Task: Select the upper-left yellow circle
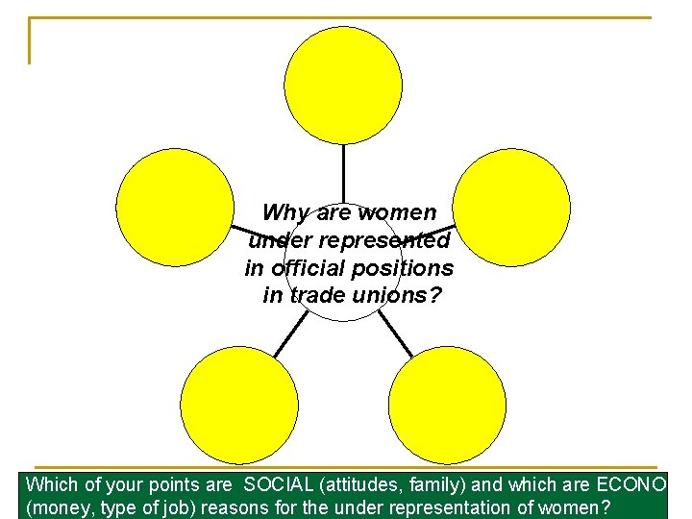tap(175, 207)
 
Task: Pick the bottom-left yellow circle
tap(239, 405)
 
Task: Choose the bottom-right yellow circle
tap(447, 405)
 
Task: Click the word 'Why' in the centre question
tap(285, 211)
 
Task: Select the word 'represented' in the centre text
tap(390, 238)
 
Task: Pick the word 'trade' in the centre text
tap(316, 294)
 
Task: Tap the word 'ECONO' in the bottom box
tap(630, 484)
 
